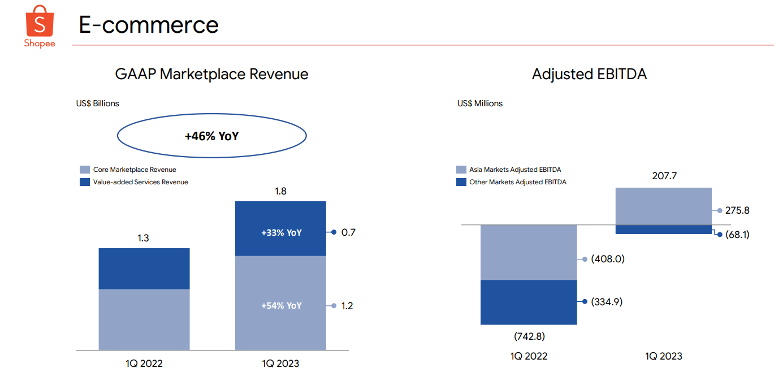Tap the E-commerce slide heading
click(149, 25)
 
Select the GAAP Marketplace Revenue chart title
click(211, 74)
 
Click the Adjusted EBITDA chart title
click(589, 74)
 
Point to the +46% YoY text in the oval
click(211, 136)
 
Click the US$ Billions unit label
click(98, 103)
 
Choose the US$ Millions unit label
click(480, 103)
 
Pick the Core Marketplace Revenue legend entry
click(135, 170)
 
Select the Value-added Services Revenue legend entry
click(140, 182)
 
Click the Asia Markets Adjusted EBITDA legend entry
click(514, 170)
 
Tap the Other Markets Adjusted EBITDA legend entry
click(517, 182)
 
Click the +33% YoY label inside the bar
click(281, 232)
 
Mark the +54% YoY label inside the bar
click(281, 306)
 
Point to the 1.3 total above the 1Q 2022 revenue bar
click(144, 239)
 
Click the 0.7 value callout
click(348, 232)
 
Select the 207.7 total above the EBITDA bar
click(664, 176)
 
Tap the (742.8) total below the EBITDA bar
click(529, 336)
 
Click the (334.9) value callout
click(607, 302)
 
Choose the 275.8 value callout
click(737, 210)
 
